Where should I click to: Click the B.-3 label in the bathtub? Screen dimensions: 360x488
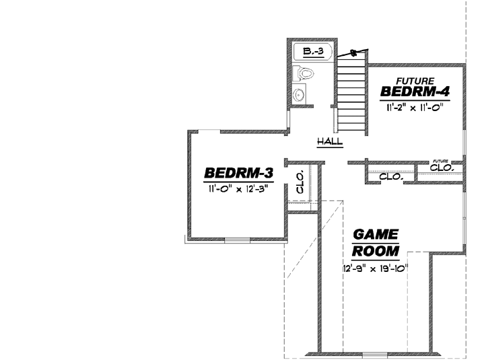point(314,51)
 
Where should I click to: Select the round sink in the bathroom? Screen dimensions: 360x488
point(300,95)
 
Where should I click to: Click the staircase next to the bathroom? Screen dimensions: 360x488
point(351,94)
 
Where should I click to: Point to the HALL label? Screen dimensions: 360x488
point(330,141)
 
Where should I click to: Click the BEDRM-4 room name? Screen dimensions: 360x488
point(415,91)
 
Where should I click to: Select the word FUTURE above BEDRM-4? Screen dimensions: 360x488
point(415,80)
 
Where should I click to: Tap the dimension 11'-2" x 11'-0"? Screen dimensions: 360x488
point(415,107)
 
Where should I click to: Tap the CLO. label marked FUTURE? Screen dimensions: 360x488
point(442,167)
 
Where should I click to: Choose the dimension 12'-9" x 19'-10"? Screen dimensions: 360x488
point(376,268)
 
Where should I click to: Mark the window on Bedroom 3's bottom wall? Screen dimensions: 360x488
point(237,240)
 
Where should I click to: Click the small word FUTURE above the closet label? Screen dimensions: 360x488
point(440,161)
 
